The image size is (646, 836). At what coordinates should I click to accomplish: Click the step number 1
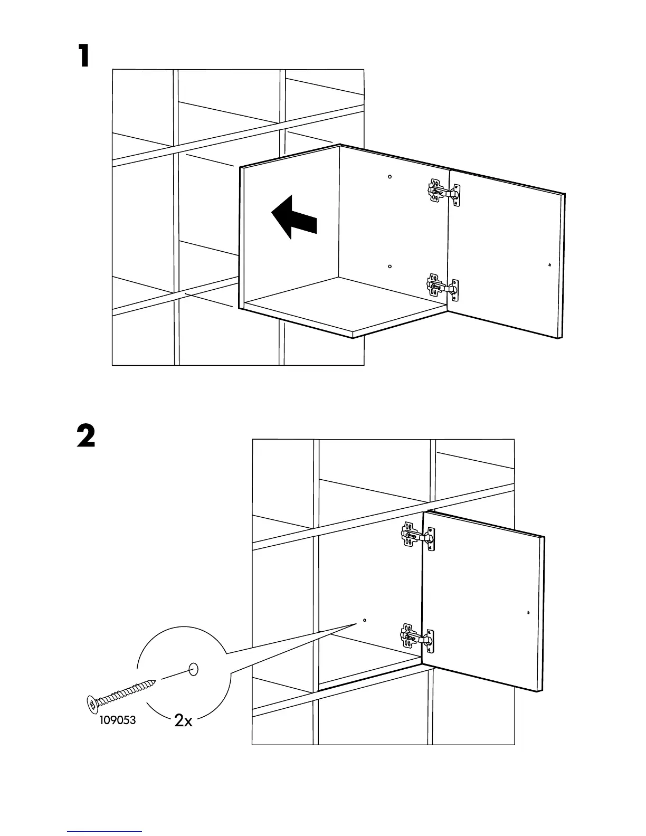tap(84, 56)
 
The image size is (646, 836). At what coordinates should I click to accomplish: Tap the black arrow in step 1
tap(294, 216)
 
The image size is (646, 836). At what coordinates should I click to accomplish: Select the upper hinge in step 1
tap(443, 193)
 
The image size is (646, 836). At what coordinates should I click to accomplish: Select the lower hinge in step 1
tap(442, 288)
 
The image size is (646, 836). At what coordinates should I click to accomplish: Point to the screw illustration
tap(122, 694)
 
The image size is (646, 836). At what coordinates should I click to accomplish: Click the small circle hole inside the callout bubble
tap(193, 669)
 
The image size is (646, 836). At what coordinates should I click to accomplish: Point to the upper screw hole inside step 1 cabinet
tap(389, 177)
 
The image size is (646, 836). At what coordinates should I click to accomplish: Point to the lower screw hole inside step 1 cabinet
tap(389, 267)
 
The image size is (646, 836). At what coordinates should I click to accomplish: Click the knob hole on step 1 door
tap(550, 265)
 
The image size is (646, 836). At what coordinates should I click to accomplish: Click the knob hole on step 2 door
tap(528, 613)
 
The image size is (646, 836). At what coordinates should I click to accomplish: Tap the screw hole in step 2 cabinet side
tap(365, 621)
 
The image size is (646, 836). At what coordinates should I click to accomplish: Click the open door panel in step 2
tap(483, 602)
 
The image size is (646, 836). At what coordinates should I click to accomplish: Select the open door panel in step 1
tap(507, 253)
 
